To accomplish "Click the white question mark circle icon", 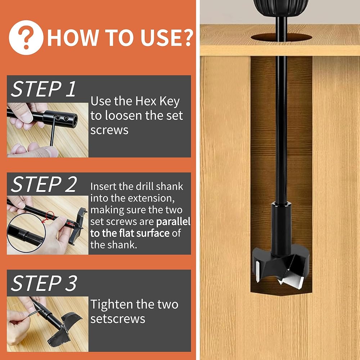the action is point(26,37).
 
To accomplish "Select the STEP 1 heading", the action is point(44,89).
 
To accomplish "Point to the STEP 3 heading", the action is point(44,283).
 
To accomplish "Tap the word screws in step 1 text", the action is point(109,130).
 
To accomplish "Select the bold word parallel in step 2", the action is point(174,221).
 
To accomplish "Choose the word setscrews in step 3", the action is point(118,319).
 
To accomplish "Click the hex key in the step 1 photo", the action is point(54,130).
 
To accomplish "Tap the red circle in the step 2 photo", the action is point(50,216).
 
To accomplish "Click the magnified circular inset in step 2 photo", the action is point(26,233).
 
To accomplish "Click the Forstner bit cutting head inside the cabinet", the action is point(280,267).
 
